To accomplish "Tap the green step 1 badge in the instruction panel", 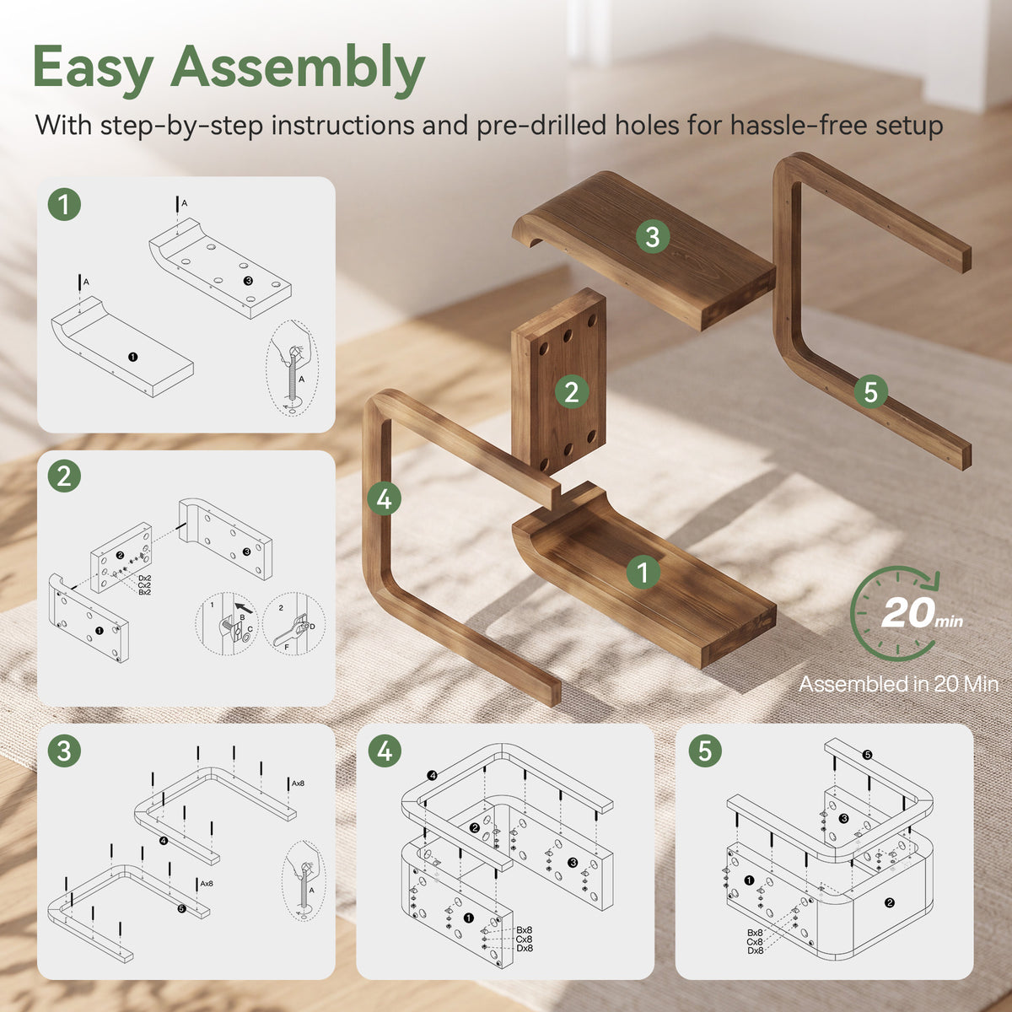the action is [64, 204].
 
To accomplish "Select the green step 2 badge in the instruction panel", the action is [64, 476].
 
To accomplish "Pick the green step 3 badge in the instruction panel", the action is [64, 751].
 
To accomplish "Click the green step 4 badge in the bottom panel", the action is [385, 751].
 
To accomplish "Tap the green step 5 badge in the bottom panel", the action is [705, 751].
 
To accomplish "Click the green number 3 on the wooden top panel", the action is [652, 236].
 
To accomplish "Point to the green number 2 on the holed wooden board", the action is [572, 392].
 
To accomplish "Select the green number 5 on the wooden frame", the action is [870, 392].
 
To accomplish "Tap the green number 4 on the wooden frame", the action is [384, 498].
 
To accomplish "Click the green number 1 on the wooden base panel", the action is [643, 572].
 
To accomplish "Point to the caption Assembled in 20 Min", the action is [898, 684].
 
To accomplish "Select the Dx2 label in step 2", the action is [144, 579].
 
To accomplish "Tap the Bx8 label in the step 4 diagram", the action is [524, 930].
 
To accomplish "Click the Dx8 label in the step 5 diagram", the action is [755, 950].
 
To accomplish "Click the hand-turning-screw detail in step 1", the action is [292, 369].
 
